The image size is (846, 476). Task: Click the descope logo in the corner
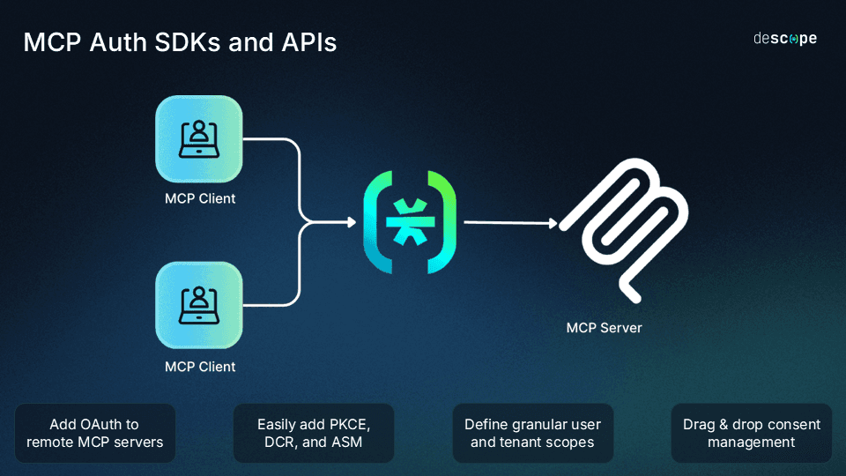(784, 39)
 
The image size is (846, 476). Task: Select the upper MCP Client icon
(198, 139)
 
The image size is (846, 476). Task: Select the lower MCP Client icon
(198, 305)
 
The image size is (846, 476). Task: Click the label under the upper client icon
(200, 198)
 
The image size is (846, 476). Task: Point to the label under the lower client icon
(200, 366)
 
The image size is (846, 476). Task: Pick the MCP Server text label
(604, 328)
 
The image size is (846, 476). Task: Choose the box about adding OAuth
(95, 433)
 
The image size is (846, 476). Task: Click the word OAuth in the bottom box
(109, 424)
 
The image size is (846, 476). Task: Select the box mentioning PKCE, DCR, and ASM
(314, 433)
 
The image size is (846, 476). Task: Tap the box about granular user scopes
(532, 433)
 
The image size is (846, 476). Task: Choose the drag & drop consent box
(751, 433)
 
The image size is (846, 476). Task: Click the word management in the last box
(752, 442)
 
